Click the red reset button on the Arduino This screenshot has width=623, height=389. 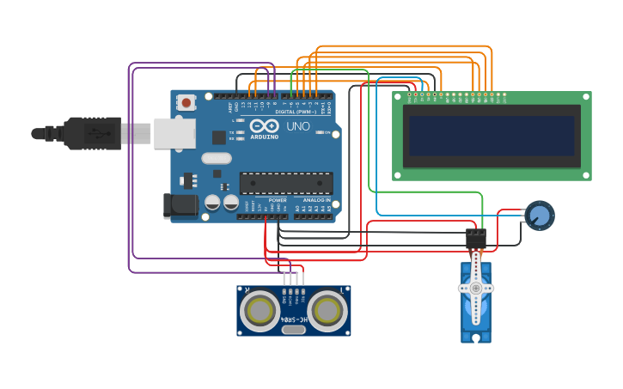pyautogui.click(x=186, y=103)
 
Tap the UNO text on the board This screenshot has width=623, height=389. pyautogui.click(x=297, y=127)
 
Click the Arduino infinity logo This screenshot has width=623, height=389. pyautogui.click(x=264, y=126)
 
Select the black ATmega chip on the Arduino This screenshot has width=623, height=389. pyautogui.click(x=285, y=183)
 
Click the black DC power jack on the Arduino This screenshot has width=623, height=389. pyautogui.click(x=179, y=204)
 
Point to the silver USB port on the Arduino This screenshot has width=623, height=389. pyautogui.click(x=174, y=134)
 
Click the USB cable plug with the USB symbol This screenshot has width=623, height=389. pyautogui.click(x=95, y=134)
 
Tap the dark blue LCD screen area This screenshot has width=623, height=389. pyautogui.click(x=492, y=136)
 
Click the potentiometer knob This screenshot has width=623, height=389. pyautogui.click(x=540, y=215)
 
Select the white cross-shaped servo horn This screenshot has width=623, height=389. pyautogui.click(x=475, y=288)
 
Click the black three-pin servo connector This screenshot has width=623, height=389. pyautogui.click(x=475, y=238)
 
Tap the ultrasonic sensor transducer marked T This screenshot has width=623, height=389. pyautogui.click(x=328, y=311)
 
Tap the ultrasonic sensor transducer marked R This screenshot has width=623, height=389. pyautogui.click(x=260, y=311)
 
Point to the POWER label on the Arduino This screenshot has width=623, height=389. pyautogui.click(x=278, y=200)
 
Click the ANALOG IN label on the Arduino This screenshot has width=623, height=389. pyautogui.click(x=316, y=200)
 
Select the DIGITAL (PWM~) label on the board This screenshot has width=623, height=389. pyautogui.click(x=296, y=112)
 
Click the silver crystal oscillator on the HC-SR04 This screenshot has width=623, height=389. pyautogui.click(x=294, y=329)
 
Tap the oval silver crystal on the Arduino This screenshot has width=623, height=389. pyautogui.click(x=217, y=158)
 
